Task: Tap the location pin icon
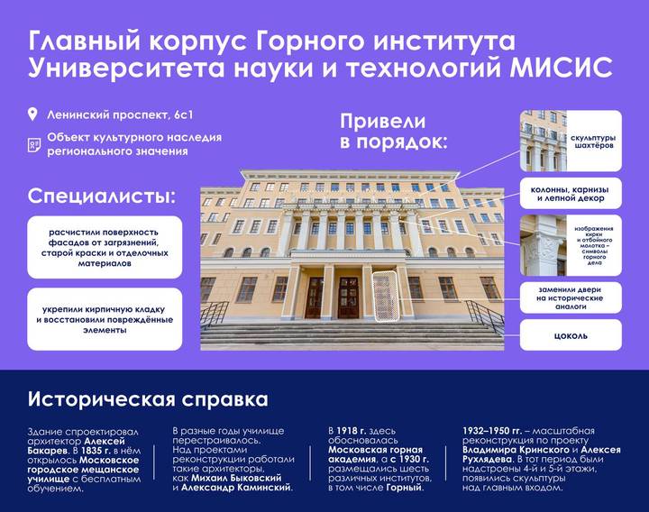pyautogui.click(x=33, y=114)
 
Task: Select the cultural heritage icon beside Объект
pyautogui.click(x=34, y=144)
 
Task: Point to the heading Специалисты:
pyautogui.click(x=101, y=196)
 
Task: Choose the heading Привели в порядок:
pyautogui.click(x=394, y=132)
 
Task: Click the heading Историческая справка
pyautogui.click(x=147, y=398)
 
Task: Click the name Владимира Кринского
pyautogui.click(x=506, y=449)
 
